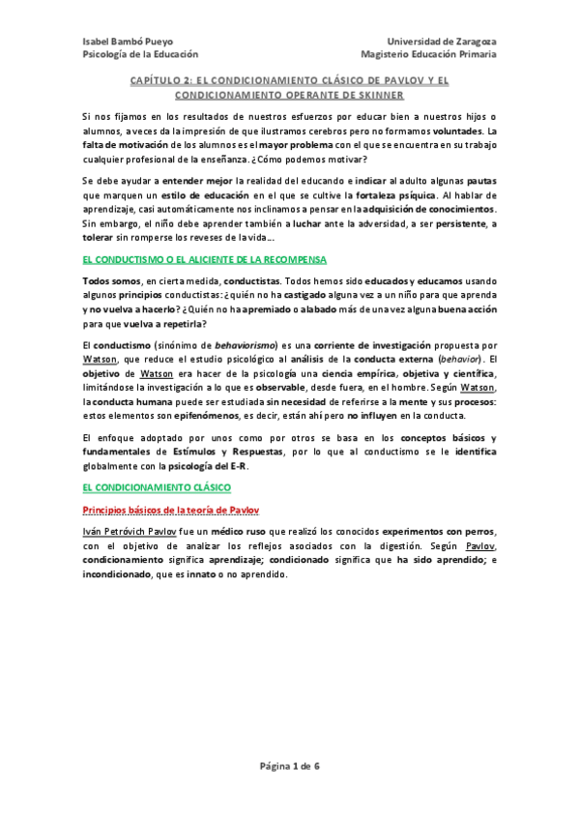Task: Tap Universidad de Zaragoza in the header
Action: click(442, 41)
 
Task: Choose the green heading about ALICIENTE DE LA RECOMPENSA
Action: click(205, 261)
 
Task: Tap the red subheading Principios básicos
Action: click(170, 510)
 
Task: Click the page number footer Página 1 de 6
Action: click(290, 767)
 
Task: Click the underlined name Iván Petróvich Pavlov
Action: click(129, 532)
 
